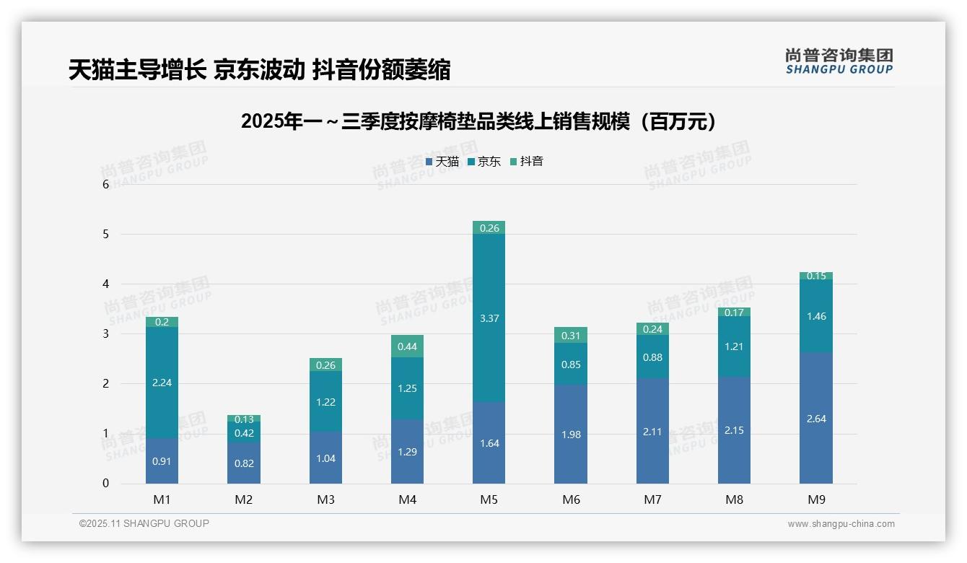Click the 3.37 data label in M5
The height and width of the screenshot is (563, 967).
click(489, 318)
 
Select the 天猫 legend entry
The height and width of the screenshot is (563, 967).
click(442, 162)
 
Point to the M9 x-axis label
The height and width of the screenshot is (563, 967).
click(815, 499)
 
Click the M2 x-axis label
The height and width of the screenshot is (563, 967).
click(244, 499)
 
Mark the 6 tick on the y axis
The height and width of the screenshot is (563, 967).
click(106, 184)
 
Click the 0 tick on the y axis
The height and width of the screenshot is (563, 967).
click(106, 484)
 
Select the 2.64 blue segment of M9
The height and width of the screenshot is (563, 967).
click(815, 419)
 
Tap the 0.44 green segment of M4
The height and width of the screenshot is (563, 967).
click(407, 346)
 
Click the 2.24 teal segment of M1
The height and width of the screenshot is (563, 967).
click(162, 383)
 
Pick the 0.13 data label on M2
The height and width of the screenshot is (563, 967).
click(244, 419)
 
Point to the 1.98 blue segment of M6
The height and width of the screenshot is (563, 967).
click(571, 435)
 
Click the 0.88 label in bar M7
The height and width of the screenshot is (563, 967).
click(652, 357)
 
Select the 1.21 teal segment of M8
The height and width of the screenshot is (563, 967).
click(734, 346)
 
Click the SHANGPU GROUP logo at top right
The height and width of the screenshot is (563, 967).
click(839, 61)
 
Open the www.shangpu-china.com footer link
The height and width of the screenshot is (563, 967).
click(841, 524)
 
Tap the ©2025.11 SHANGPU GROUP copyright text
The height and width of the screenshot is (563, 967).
click(144, 523)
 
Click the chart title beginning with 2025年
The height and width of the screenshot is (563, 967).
click(479, 121)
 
